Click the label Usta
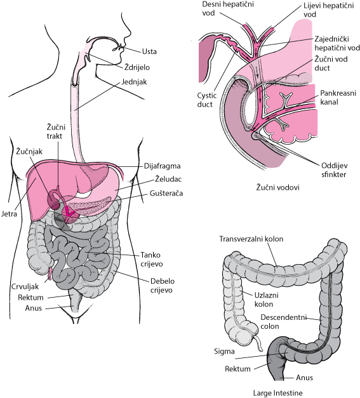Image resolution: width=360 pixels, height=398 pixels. tap(149, 51)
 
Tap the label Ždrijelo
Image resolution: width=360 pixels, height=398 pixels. tap(137, 67)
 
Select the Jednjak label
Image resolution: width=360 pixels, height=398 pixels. tap(134, 82)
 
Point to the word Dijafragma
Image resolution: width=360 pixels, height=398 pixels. tap(163, 166)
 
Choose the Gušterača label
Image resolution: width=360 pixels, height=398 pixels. tap(166, 193)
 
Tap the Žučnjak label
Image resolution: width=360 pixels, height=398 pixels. tap(29, 152)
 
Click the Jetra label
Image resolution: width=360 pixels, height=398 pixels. tap(9, 214)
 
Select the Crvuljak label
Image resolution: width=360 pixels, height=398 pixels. tap(25, 286)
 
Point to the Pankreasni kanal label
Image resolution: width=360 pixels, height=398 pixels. tap(338, 97)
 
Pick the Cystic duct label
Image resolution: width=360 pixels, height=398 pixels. tap(207, 100)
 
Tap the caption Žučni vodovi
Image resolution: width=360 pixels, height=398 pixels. tap(277, 187)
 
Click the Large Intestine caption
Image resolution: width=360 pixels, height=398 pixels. tap(278, 393)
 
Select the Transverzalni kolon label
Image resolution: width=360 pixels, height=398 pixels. tap(251, 239)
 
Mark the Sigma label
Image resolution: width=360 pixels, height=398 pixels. tap(224, 352)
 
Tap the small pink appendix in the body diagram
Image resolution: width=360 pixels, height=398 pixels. tap(50, 274)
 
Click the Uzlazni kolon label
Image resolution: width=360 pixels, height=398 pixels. tap(266, 300)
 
